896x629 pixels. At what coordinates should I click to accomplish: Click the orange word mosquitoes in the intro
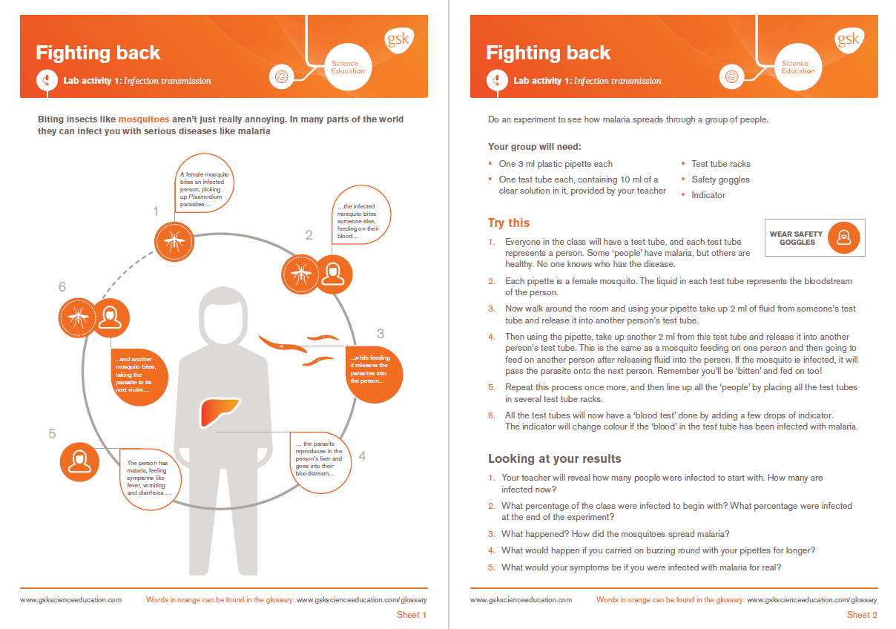point(144,119)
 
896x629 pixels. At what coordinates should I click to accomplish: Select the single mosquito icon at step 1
point(174,241)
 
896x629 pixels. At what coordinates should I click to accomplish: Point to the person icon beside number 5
point(79,461)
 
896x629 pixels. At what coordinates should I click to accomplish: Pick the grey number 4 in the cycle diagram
point(362,456)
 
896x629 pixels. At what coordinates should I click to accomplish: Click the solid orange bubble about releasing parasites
point(375,373)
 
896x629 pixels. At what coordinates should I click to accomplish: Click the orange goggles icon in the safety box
point(843,238)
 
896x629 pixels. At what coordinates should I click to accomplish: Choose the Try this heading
point(508,223)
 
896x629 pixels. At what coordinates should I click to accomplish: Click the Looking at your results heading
point(554,458)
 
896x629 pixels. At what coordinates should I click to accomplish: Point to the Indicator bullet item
point(708,195)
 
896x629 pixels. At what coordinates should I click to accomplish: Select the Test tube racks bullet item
point(720,164)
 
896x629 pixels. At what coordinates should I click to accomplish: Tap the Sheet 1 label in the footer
point(412,615)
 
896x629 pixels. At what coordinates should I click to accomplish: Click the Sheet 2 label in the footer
point(862,615)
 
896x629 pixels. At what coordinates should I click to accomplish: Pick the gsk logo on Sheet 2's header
point(847,39)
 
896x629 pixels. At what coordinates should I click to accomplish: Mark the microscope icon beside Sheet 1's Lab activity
point(47,81)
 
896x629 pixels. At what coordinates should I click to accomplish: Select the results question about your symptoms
point(641,567)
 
